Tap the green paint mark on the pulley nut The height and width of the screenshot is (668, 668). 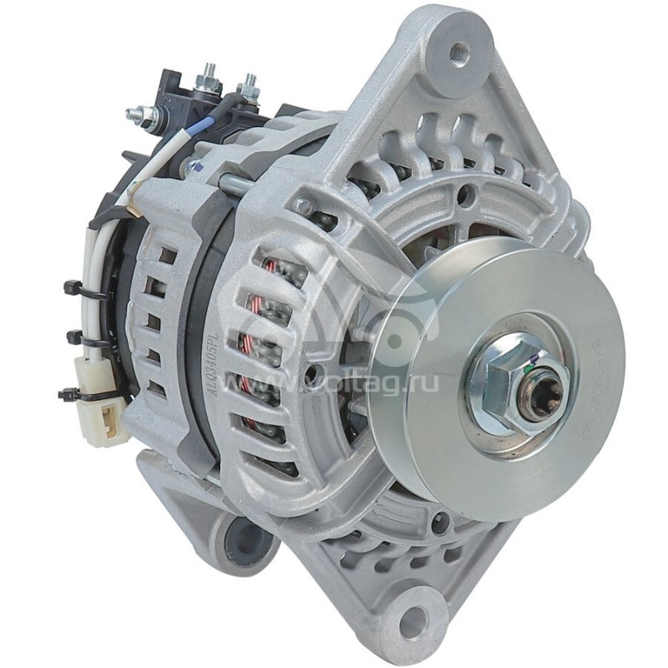tap(533, 362)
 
